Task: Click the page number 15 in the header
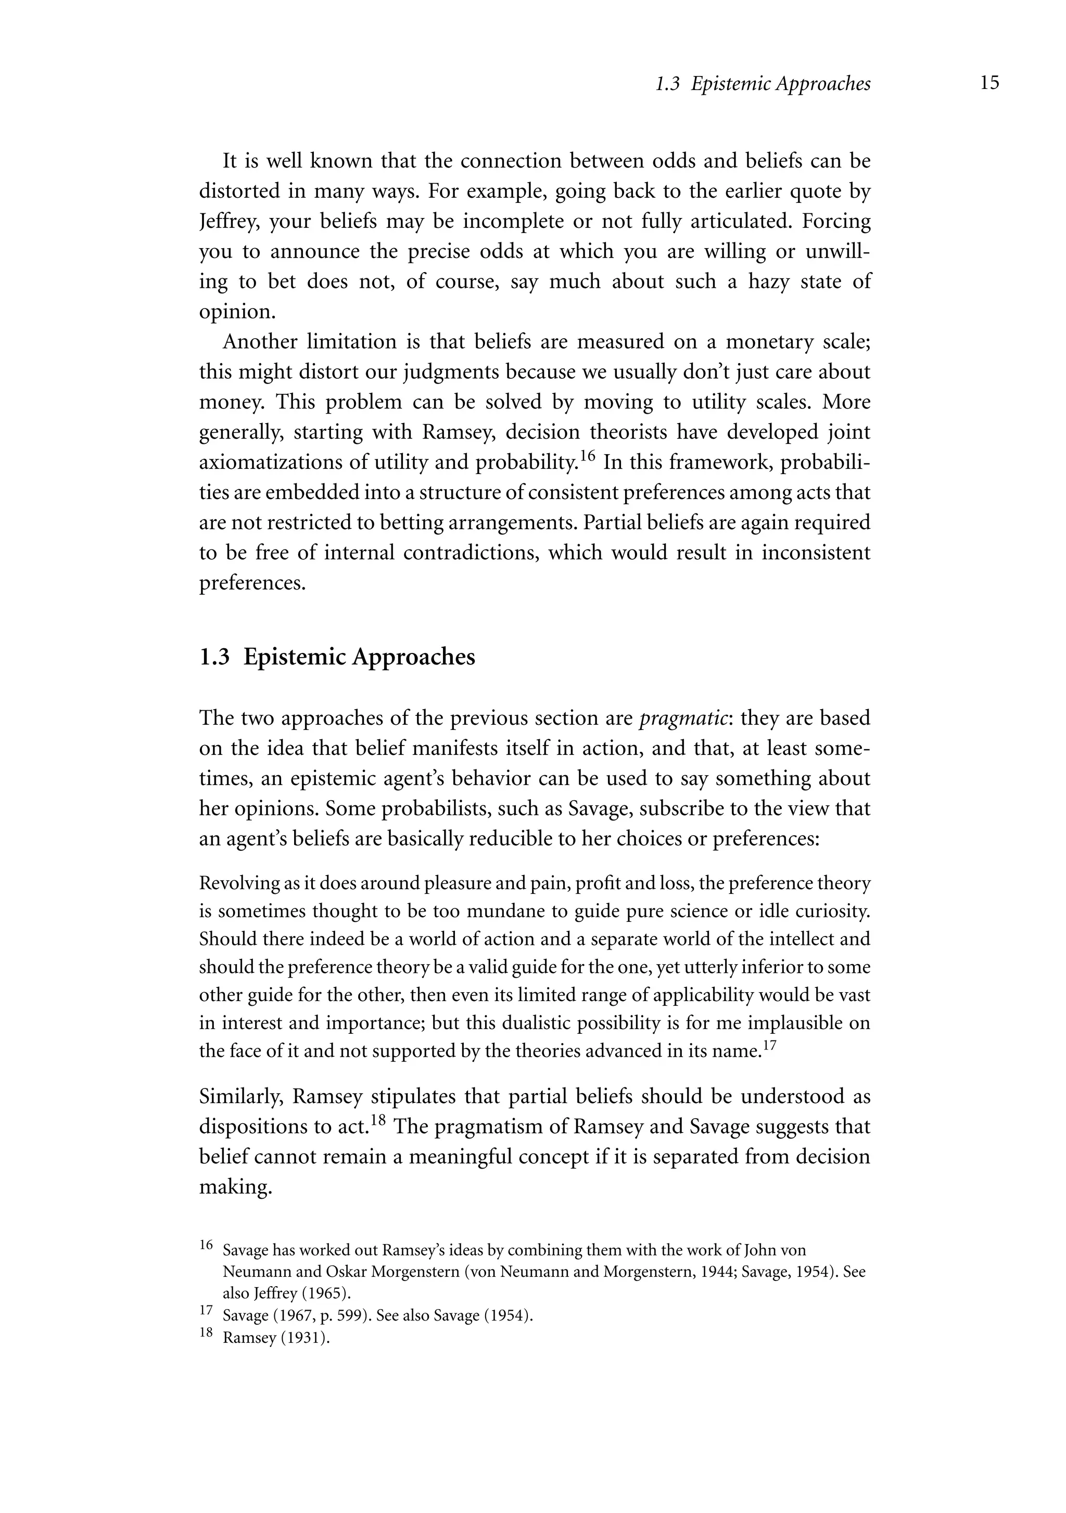pyautogui.click(x=989, y=83)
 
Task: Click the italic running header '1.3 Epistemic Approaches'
pyautogui.click(x=763, y=84)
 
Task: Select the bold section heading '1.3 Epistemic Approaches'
pyautogui.click(x=337, y=657)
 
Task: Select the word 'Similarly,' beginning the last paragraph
pyautogui.click(x=242, y=1097)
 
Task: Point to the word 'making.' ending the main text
pyautogui.click(x=235, y=1187)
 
